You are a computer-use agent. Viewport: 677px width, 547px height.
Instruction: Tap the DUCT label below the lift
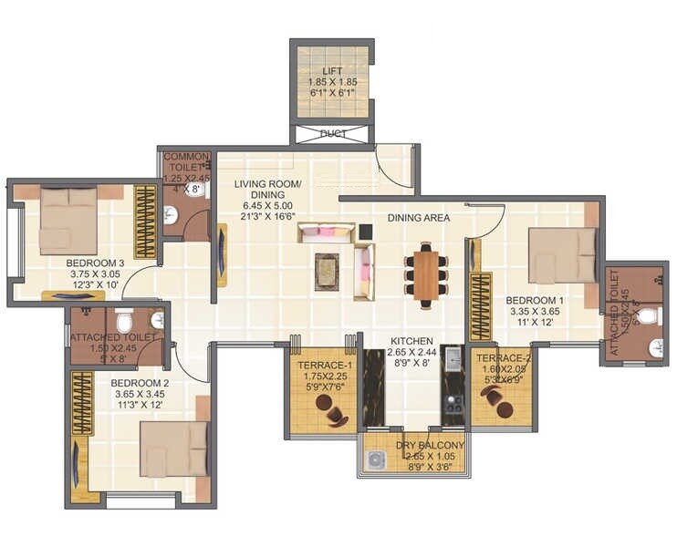tap(332, 134)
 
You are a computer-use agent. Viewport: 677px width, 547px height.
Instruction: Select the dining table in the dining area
tap(426, 274)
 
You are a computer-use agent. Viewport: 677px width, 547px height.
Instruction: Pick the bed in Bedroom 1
tap(562, 255)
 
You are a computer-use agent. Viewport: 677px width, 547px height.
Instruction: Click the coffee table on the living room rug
tap(327, 271)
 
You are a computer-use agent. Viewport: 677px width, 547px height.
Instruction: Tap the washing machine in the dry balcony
tap(374, 460)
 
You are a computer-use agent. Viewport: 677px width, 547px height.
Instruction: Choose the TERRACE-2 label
tap(501, 358)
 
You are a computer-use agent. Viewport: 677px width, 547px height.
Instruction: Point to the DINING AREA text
tap(418, 218)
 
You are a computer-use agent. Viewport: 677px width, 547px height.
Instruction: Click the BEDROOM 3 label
tap(89, 263)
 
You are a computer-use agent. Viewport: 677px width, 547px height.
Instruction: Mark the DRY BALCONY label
tap(430, 445)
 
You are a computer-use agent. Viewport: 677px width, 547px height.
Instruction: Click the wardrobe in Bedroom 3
tap(145, 222)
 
